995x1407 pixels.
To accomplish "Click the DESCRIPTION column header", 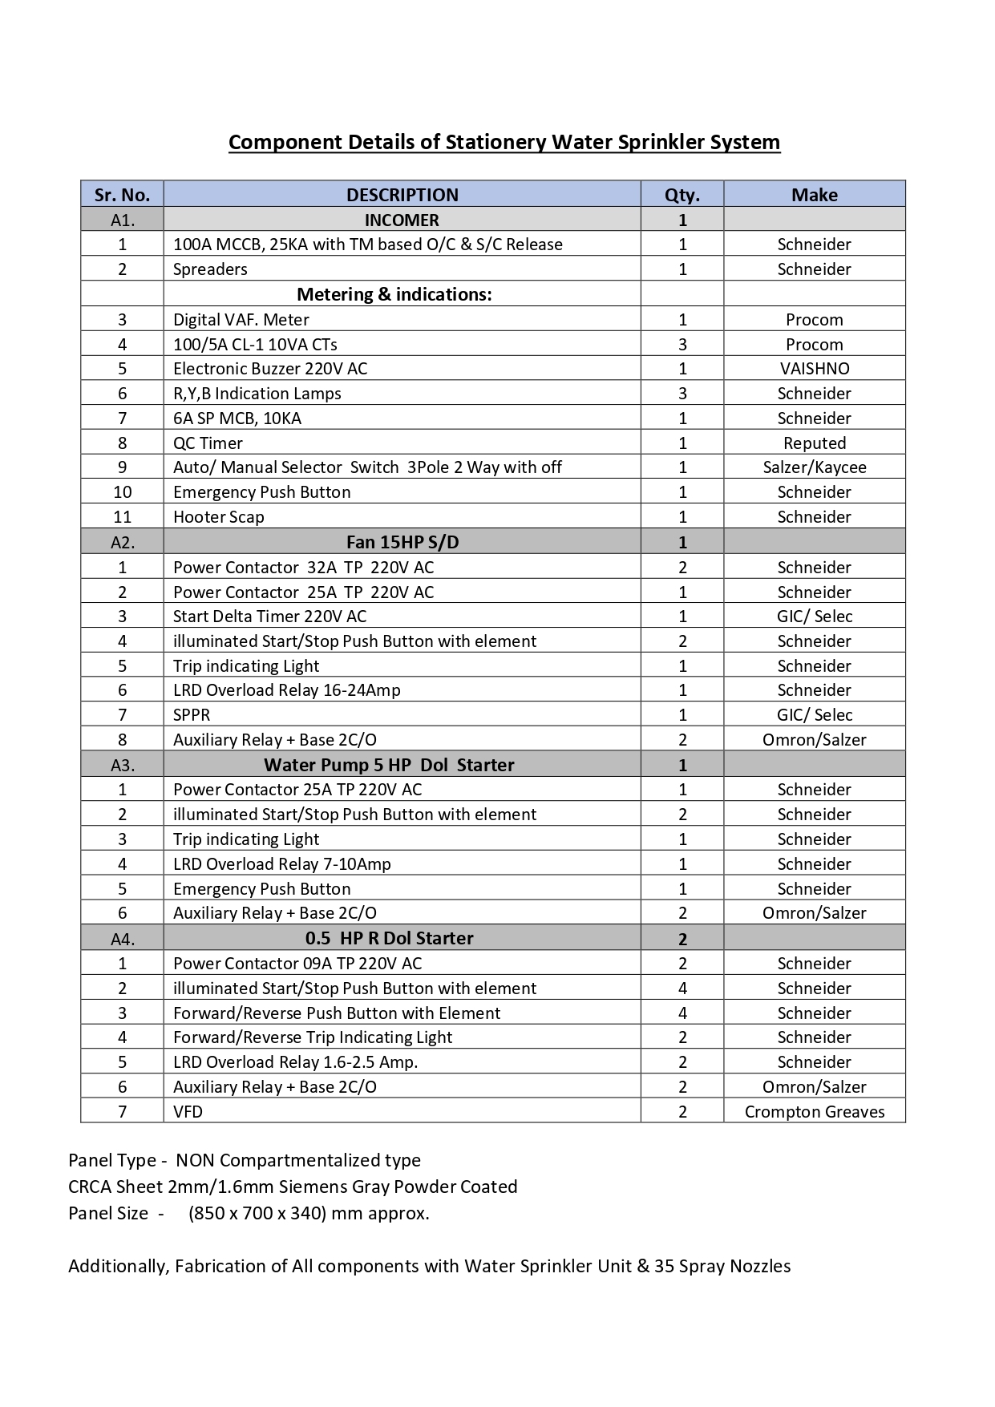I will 402,195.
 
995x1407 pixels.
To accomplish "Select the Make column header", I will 814,195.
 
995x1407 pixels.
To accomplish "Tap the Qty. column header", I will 682,195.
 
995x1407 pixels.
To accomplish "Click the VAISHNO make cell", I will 814,369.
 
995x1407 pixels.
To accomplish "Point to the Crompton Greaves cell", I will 814,1112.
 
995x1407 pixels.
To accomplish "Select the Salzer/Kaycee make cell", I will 814,467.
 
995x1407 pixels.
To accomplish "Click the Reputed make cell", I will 814,443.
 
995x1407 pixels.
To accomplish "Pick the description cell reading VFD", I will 188,1112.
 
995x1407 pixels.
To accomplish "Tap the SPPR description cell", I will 192,715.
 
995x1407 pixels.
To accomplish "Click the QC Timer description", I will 208,443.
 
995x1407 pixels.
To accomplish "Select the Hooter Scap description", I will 218,517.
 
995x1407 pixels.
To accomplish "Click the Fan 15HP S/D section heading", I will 402,542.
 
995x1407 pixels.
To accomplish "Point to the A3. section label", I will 122,765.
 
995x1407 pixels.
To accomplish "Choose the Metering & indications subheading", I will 394,294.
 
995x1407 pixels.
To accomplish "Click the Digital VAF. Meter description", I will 241,320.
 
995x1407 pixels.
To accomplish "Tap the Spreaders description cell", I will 210,269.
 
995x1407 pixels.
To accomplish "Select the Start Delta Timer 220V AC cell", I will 269,617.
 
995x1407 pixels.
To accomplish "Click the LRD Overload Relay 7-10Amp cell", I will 281,864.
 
